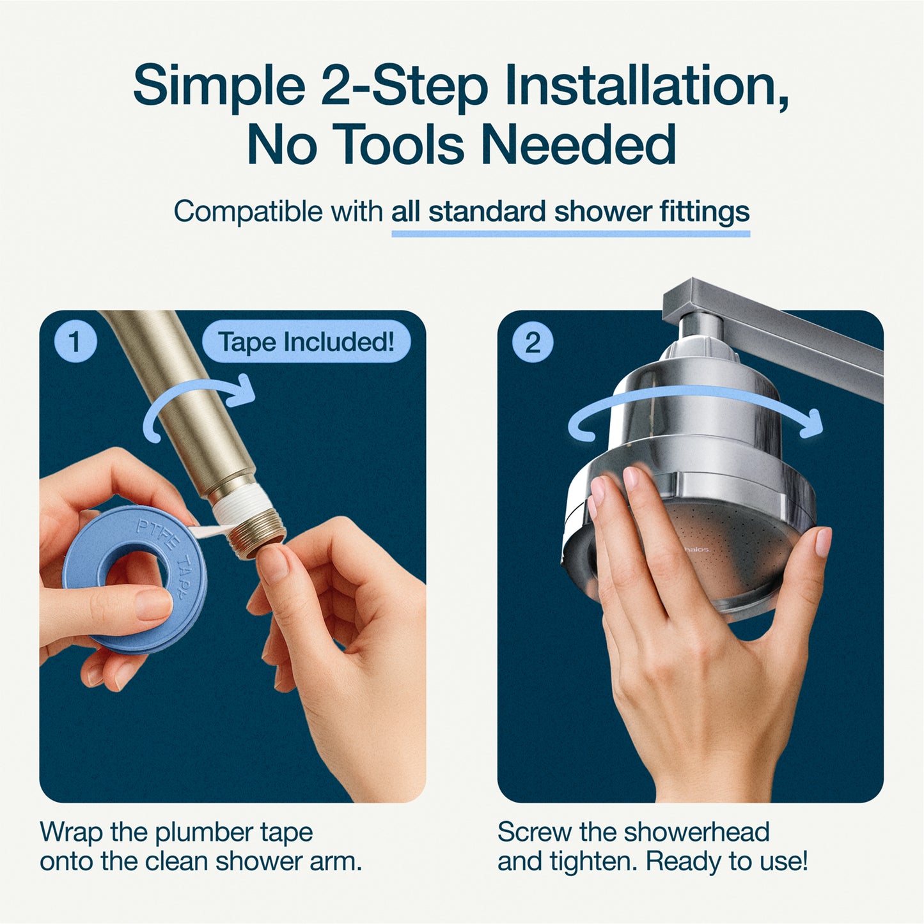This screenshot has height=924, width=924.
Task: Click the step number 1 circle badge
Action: click(75, 342)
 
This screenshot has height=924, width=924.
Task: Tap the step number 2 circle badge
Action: click(533, 343)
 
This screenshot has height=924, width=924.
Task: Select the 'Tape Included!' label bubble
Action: click(306, 342)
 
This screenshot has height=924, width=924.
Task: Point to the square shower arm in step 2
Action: click(799, 345)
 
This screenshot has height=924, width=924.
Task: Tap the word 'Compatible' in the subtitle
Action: click(248, 212)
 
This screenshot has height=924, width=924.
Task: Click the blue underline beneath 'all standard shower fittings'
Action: click(570, 234)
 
